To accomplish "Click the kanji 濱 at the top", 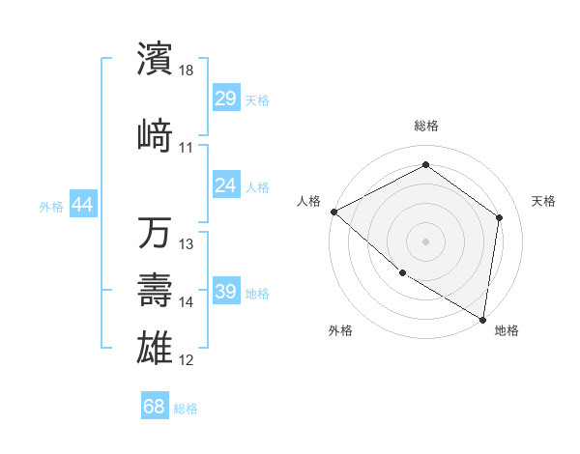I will pyautogui.click(x=156, y=58).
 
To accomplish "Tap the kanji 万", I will pyautogui.click(x=156, y=234).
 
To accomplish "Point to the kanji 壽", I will pyautogui.click(x=156, y=290).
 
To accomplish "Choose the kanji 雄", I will pyautogui.click(x=156, y=345).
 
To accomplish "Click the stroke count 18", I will pyautogui.click(x=187, y=70).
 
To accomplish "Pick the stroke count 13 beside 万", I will pyautogui.click(x=187, y=243).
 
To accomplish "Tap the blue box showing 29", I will pyautogui.click(x=226, y=99).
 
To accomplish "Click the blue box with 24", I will pyautogui.click(x=226, y=185).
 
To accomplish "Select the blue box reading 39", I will pyautogui.click(x=226, y=292).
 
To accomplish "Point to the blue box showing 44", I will pyautogui.click(x=83, y=205).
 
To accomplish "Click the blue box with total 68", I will pyautogui.click(x=154, y=407).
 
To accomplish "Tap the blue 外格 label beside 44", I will pyautogui.click(x=51, y=206).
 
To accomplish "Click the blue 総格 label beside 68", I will pyautogui.click(x=186, y=408).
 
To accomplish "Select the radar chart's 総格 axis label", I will pyautogui.click(x=425, y=126).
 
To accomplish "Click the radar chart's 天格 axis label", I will pyautogui.click(x=543, y=201).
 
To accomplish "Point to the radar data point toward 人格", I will pyautogui.click(x=333, y=212).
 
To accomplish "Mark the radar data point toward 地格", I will pyautogui.click(x=482, y=319).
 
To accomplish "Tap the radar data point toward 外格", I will pyautogui.click(x=402, y=272).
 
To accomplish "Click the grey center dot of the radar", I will pyautogui.click(x=425, y=241).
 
